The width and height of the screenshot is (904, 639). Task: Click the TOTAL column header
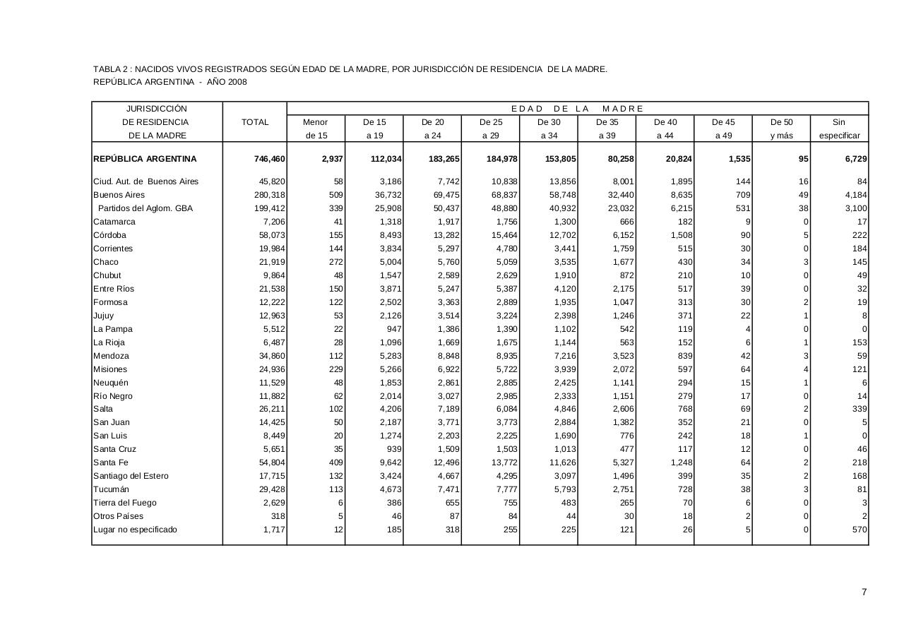[255, 122]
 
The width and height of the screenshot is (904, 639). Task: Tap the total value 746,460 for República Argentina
[270, 160]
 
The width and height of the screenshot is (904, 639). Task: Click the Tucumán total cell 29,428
[270, 489]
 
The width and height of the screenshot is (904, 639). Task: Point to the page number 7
[864, 592]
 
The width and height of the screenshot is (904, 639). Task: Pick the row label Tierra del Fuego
[125, 503]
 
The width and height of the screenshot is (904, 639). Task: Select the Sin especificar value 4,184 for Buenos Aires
[853, 195]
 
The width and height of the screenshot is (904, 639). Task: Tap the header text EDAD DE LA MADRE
[577, 109]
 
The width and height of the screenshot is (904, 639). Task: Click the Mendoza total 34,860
[270, 356]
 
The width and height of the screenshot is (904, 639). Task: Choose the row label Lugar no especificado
[135, 530]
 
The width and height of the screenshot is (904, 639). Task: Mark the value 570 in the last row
[859, 530]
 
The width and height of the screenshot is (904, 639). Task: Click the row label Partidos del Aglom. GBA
[145, 208]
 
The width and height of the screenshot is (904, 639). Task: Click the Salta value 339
[859, 409]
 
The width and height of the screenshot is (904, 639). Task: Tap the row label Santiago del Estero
[131, 476]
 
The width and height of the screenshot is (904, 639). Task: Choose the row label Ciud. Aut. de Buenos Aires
[145, 181]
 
